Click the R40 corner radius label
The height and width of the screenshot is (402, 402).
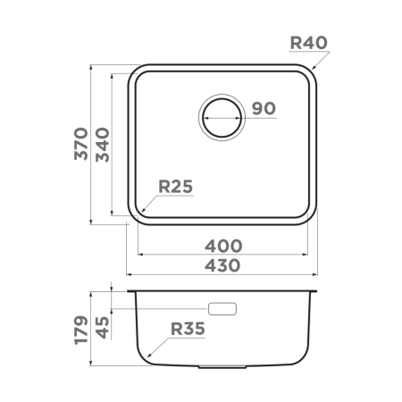[310, 41]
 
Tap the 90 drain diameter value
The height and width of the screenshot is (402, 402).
[262, 109]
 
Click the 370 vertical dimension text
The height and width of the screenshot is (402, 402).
[80, 144]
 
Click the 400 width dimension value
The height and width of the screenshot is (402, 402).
[223, 246]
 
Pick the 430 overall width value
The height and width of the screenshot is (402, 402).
[223, 265]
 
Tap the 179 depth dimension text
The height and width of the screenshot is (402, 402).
[80, 330]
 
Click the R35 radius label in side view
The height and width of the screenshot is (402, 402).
[188, 329]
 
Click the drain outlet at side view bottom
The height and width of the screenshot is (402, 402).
[222, 367]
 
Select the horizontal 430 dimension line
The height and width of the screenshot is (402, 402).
[223, 275]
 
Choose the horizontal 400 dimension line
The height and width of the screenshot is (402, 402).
[223, 255]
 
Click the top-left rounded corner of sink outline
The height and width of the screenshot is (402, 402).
[138, 72]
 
